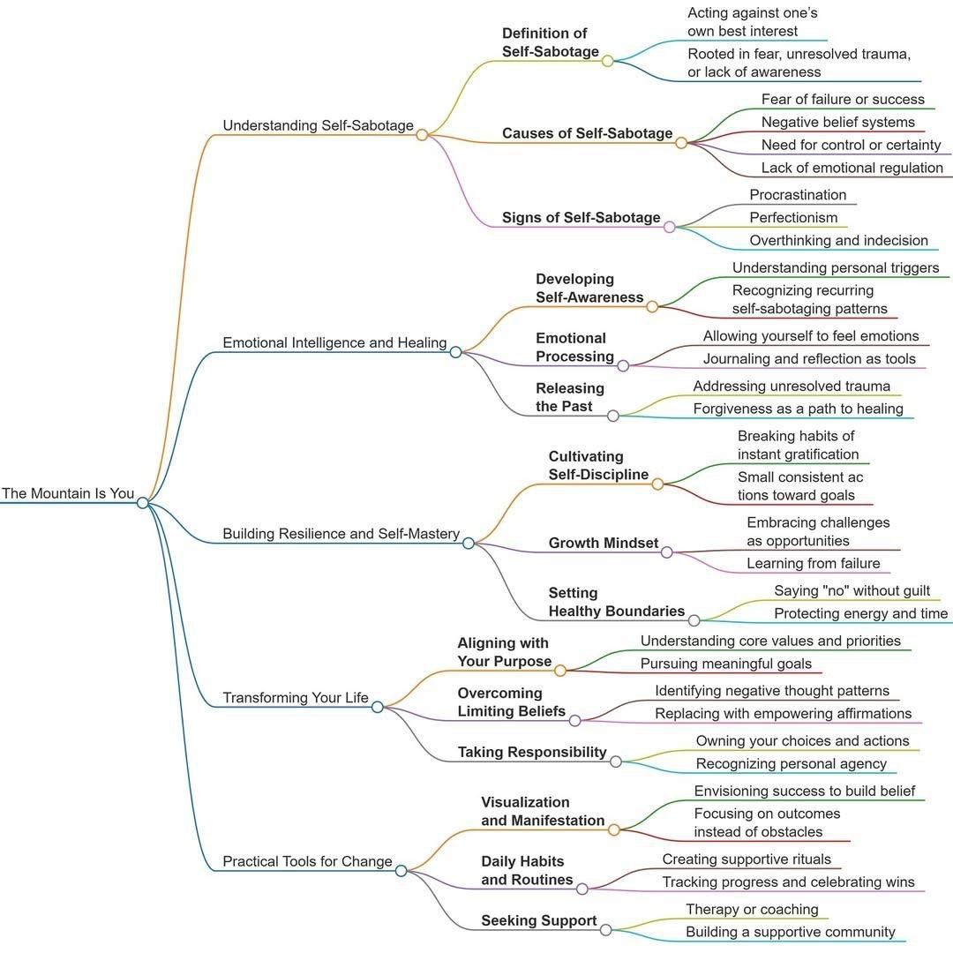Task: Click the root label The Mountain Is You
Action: pos(68,493)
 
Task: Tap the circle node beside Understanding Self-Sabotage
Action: pos(422,135)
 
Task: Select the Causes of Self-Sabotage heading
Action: pos(587,133)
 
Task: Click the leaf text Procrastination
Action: pos(798,195)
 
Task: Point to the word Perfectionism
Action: pos(793,217)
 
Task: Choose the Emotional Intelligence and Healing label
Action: pos(334,342)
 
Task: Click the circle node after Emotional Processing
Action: pos(623,365)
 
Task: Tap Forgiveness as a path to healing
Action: pos(798,409)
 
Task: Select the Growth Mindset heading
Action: pos(604,543)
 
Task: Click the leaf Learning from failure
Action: pos(813,563)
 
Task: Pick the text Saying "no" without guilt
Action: pos(852,590)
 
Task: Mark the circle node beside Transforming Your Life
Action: pos(378,706)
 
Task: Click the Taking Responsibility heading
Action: pos(532,752)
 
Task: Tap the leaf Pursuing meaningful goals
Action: pos(725,664)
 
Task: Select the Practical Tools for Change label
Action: pos(307,861)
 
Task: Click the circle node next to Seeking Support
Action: pos(605,929)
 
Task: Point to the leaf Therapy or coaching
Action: pos(752,909)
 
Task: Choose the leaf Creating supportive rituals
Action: pos(746,859)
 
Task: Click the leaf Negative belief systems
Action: pos(837,122)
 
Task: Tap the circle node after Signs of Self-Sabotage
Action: pos(669,227)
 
